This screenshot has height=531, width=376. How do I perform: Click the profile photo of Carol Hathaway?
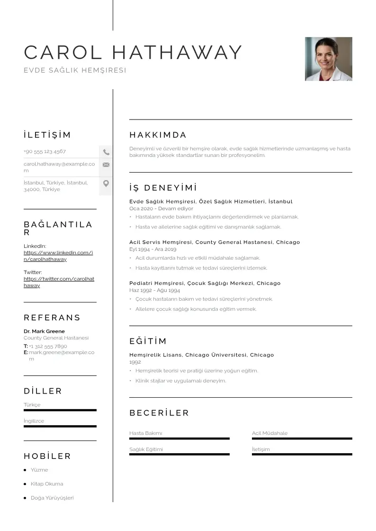coord(328,59)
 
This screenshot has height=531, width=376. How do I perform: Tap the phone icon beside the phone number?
coord(106,152)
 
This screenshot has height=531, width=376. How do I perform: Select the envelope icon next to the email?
coord(106,165)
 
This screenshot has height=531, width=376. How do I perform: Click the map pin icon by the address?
coord(106,183)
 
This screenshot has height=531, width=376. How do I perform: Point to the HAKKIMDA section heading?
coord(158,135)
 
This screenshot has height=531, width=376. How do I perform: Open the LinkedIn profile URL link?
coord(58,256)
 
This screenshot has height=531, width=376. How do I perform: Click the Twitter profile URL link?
coord(59,282)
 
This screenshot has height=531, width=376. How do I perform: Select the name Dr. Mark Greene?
coord(44,331)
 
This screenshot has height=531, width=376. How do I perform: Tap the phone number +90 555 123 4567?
coord(45,152)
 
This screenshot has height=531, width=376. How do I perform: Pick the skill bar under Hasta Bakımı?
coord(179,439)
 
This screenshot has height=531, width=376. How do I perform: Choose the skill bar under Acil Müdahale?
coord(302,439)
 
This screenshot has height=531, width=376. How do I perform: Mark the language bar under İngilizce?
coord(60,426)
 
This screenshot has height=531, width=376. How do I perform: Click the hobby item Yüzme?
coord(39,470)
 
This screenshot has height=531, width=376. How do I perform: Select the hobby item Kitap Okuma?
coord(46,484)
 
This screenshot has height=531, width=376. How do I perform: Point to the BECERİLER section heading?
coord(159,413)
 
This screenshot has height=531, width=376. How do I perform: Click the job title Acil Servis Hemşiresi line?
coord(215,242)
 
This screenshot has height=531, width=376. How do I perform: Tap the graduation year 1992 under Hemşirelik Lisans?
coord(135,362)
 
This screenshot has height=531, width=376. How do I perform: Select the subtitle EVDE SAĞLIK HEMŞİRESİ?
coord(75,70)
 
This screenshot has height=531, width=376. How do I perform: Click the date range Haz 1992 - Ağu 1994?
coord(154,290)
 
